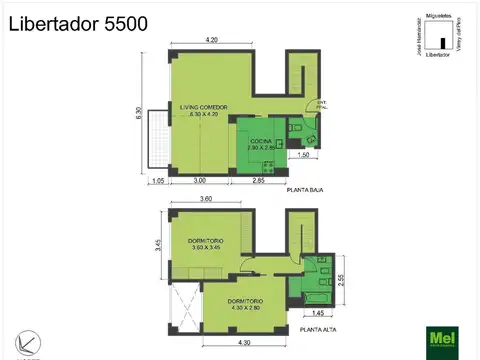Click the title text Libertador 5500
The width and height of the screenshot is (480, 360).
79,24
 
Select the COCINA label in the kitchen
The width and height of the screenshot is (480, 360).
262,143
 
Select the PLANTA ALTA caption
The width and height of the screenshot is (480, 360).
306,328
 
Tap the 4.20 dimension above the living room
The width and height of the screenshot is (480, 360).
212,39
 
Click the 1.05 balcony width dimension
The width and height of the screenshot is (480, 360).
157,181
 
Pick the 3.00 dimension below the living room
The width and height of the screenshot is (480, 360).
200,181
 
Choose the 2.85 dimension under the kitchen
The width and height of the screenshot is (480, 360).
258,181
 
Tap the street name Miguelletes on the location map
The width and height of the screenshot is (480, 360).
437,17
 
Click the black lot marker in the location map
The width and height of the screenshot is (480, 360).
440,42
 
